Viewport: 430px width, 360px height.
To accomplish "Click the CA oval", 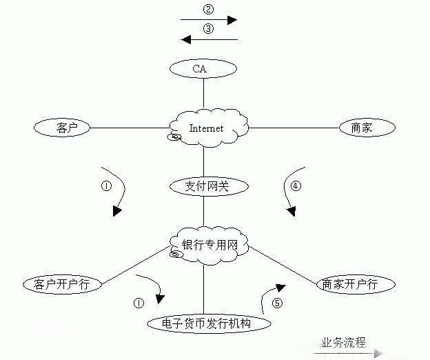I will pyautogui.click(x=203, y=68).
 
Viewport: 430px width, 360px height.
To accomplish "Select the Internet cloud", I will pyautogui.click(x=206, y=128).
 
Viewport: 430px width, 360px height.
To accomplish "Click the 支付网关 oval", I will pyautogui.click(x=204, y=186).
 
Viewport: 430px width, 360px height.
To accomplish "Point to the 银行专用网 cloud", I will pyautogui.click(x=207, y=245).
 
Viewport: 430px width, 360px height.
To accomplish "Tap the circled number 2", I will pyautogui.click(x=209, y=9).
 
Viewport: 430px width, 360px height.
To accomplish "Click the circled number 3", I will pyautogui.click(x=209, y=29).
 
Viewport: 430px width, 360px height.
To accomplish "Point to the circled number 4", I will pyautogui.click(x=296, y=186).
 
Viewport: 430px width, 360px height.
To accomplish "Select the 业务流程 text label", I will pyautogui.click(x=342, y=342).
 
